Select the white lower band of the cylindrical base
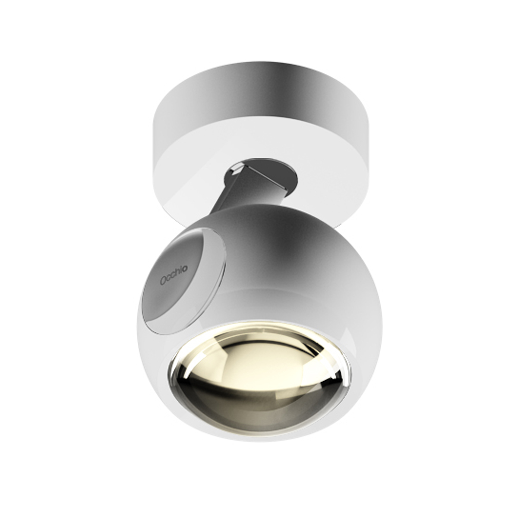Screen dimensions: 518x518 click(259, 142)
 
